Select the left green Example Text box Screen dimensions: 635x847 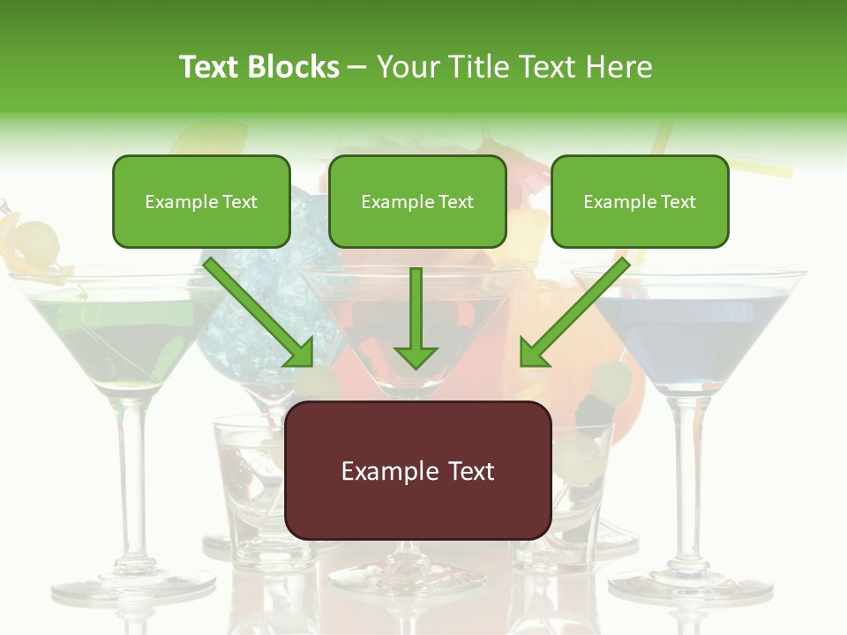point(201,201)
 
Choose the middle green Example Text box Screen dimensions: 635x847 point(417,201)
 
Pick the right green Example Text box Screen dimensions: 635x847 point(640,201)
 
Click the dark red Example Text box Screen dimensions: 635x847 point(418,470)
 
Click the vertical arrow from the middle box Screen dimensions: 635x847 point(416,317)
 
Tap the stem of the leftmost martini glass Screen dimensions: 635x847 point(131,476)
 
